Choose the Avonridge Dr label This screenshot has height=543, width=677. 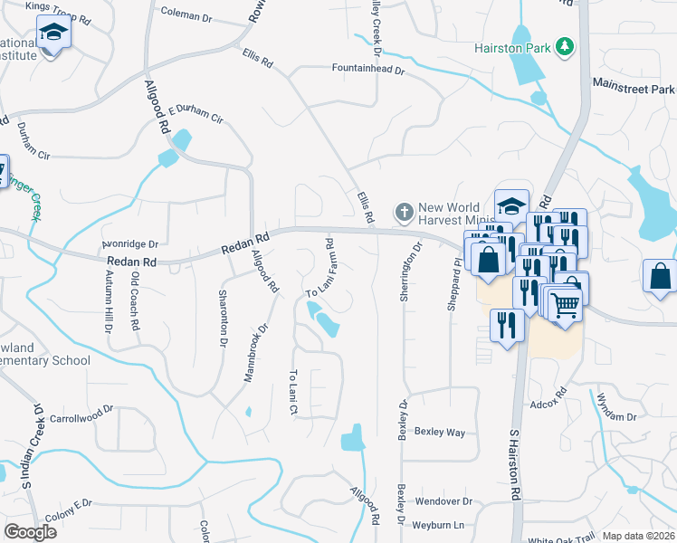(129, 244)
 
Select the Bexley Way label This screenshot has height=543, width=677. (440, 433)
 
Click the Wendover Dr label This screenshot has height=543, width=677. (443, 500)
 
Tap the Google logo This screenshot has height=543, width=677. (30, 532)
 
